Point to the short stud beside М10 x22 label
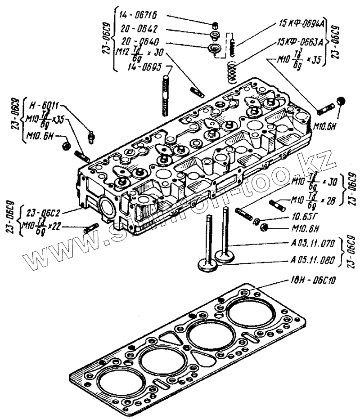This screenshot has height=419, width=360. tap(91, 227)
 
